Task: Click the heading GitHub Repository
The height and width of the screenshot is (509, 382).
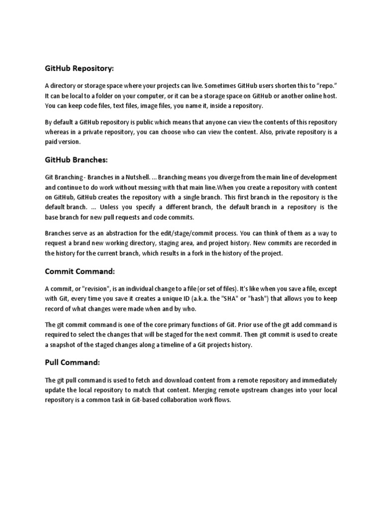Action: (83, 68)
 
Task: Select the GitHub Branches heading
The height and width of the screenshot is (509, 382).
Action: (76, 160)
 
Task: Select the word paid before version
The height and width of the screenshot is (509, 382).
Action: (53, 142)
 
